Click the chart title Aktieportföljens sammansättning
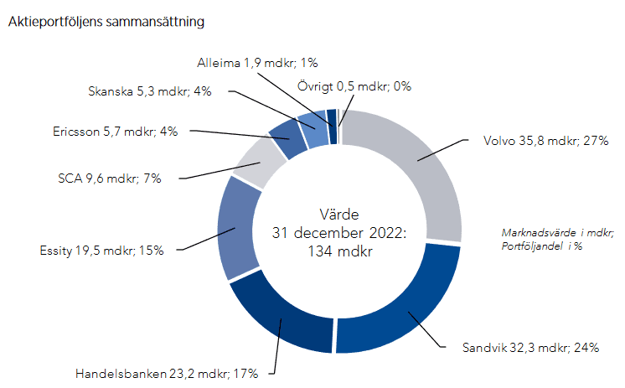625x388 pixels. click(106, 22)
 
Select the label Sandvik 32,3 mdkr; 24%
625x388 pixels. click(530, 348)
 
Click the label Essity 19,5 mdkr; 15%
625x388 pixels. click(101, 250)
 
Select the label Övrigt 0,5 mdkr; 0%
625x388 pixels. click(354, 85)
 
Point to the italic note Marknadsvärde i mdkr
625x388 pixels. click(557, 232)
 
